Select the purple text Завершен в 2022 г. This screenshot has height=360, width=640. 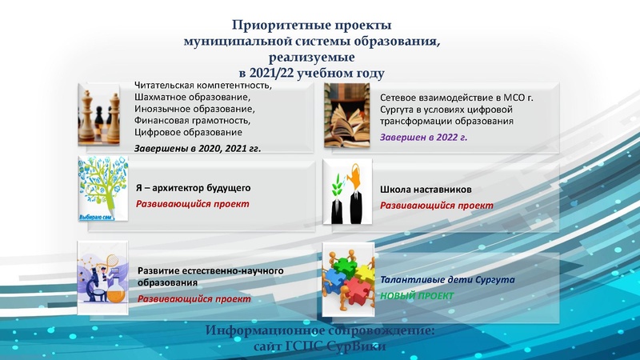pos(423,137)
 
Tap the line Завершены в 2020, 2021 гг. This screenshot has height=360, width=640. pos(198,148)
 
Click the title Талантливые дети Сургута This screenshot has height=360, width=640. pos(447,281)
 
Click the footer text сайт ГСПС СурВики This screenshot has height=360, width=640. pos(318,347)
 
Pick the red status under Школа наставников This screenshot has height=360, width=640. pos(436,206)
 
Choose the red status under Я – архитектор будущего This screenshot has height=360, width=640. pos(192,204)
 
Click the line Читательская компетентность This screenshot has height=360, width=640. pos(203,86)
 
